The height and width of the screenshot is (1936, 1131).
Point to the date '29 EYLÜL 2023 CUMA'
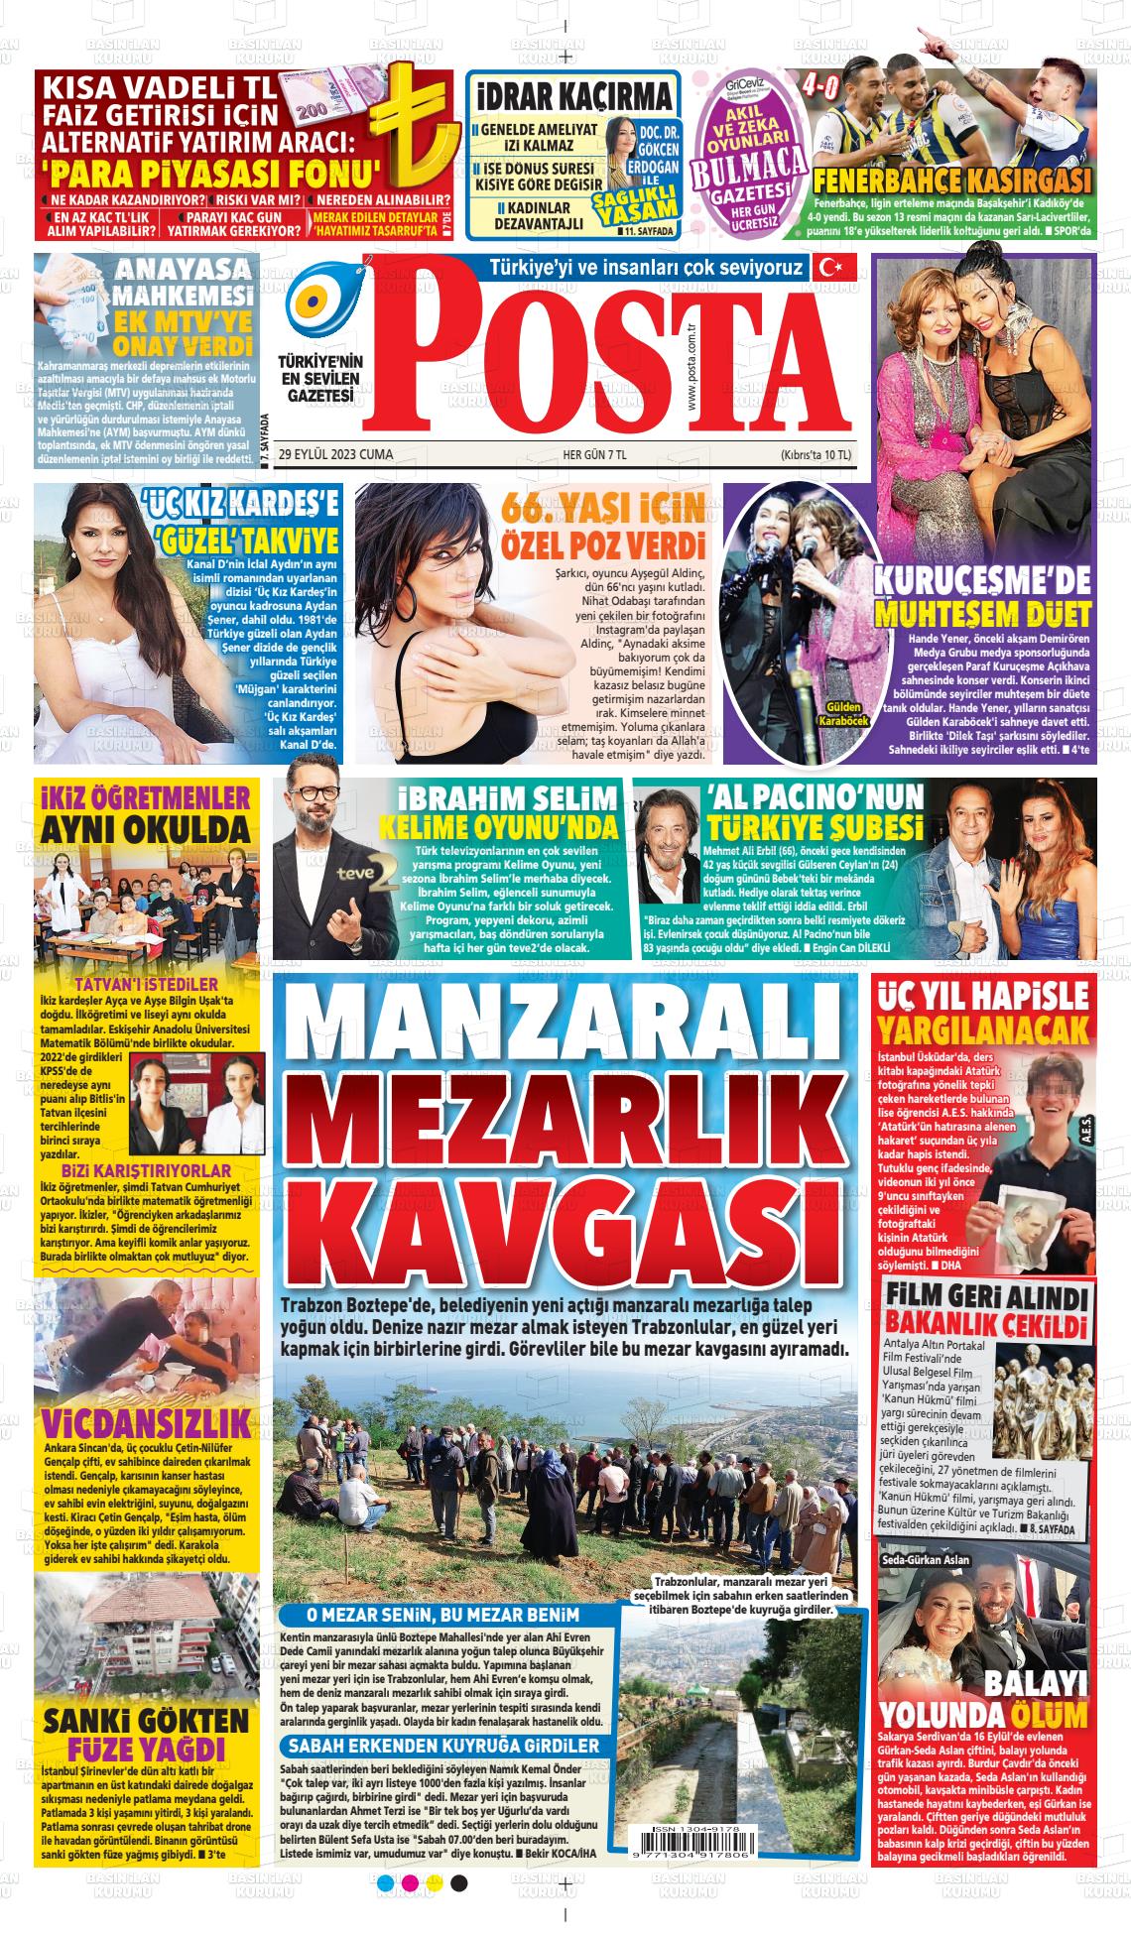tap(336, 455)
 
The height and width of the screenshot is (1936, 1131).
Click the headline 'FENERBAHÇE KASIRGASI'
tap(951, 181)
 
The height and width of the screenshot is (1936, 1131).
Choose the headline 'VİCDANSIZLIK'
tap(145, 1422)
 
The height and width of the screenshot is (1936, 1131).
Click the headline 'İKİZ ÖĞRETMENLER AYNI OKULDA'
tap(144, 812)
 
